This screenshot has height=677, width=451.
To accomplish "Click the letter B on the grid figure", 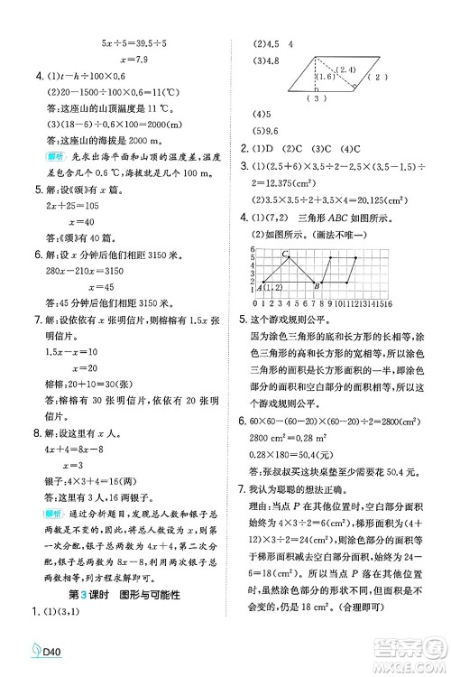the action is point(315,286).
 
